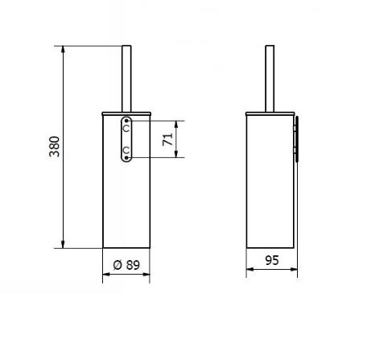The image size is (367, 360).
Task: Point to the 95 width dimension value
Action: pyautogui.click(x=272, y=262)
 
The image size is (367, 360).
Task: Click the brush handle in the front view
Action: pyautogui.click(x=125, y=77)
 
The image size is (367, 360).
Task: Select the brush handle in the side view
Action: pyautogui.click(x=269, y=77)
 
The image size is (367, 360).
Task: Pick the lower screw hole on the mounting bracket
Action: pyautogui.click(x=126, y=151)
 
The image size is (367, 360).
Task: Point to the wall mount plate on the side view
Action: pyautogui.click(x=296, y=139)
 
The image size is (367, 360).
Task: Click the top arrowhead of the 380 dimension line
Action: pyautogui.click(x=63, y=49)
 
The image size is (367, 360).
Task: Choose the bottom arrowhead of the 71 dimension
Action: pyautogui.click(x=177, y=155)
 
